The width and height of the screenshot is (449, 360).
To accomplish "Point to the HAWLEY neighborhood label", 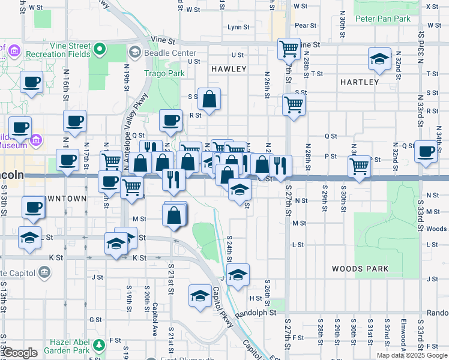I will click(229, 69).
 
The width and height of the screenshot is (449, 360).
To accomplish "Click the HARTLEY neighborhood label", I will click(359, 82).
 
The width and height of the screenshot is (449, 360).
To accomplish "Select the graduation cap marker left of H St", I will click(200, 295).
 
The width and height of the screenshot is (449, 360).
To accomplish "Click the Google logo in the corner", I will click(20, 353).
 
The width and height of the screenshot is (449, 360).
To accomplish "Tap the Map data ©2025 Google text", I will click(411, 355).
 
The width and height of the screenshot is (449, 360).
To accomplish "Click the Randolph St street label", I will click(256, 313).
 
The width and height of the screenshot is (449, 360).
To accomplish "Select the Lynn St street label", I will click(238, 27).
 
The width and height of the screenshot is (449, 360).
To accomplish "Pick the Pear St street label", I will click(306, 26).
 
